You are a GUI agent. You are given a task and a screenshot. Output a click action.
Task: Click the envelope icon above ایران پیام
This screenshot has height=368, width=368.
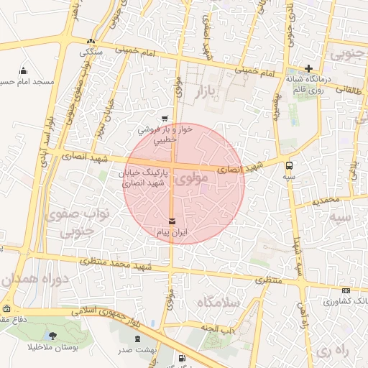(x=171, y=220)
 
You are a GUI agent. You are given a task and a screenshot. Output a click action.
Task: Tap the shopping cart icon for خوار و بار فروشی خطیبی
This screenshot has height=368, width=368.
(x=165, y=119)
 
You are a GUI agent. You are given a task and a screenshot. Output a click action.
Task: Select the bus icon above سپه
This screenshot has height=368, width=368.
(x=289, y=164)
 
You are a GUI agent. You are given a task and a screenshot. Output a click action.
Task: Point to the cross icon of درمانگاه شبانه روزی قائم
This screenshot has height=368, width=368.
(x=308, y=69)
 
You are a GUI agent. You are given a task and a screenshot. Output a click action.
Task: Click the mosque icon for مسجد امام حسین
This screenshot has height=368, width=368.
(x=24, y=70)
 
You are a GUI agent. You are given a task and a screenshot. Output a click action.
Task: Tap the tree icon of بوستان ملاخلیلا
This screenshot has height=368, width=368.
(x=53, y=335)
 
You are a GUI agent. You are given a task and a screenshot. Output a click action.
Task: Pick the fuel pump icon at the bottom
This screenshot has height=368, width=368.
(x=180, y=358)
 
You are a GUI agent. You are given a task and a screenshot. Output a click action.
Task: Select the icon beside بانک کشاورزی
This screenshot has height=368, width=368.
(x=347, y=290)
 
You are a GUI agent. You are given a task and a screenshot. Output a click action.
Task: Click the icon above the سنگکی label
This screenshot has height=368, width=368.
(x=90, y=42)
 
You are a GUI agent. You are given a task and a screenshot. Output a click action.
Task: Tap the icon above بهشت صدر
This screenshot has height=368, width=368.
(x=137, y=338)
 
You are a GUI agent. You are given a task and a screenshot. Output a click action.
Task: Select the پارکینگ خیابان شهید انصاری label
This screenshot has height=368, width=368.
(x=141, y=179)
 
